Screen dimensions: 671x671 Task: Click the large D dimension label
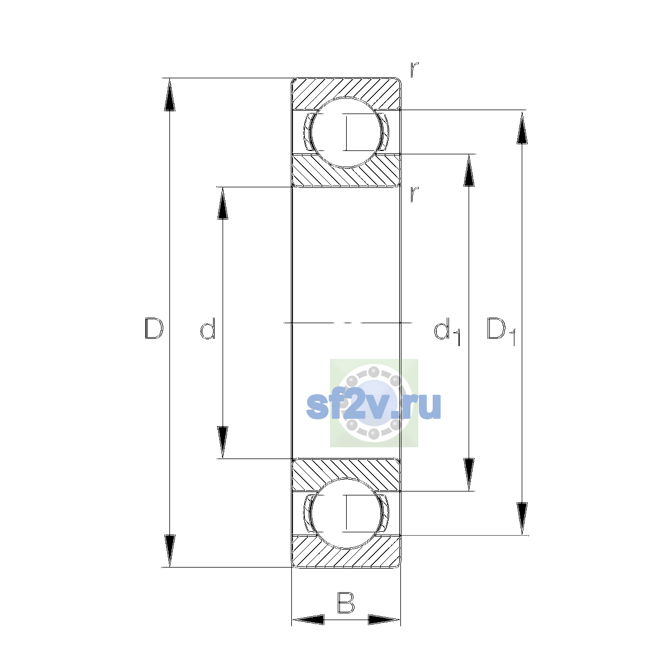click(x=154, y=328)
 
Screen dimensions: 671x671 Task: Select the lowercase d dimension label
click(x=208, y=328)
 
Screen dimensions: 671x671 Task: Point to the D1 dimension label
click(x=500, y=331)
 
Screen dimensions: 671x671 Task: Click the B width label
click(x=346, y=602)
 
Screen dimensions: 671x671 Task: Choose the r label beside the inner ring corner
click(x=414, y=193)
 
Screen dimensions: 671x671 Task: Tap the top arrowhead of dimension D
click(x=169, y=94)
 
